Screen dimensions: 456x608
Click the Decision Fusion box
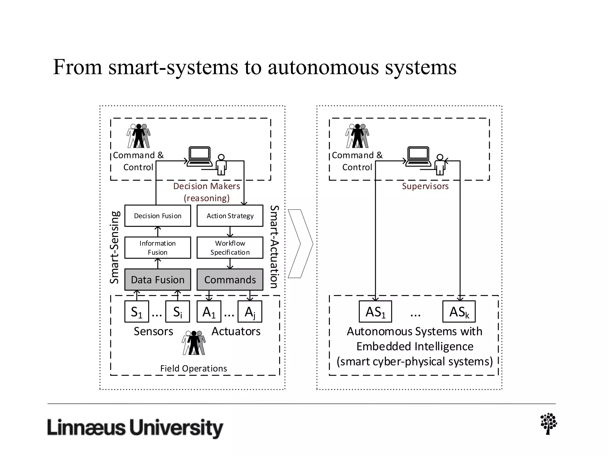[x=158, y=216]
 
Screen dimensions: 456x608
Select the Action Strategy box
[x=230, y=216]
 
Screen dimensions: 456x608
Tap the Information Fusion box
[x=158, y=248]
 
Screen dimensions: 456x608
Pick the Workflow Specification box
[x=230, y=248]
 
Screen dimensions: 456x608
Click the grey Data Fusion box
[x=158, y=280]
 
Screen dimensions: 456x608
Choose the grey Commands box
[x=230, y=280]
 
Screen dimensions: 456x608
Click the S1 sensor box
[x=137, y=312]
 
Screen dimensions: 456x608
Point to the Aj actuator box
[x=250, y=312]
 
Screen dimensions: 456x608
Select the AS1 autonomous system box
[x=375, y=312]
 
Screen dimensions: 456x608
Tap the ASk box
[x=459, y=312]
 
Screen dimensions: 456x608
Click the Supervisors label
[x=425, y=186]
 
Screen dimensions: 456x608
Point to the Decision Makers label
[x=207, y=186]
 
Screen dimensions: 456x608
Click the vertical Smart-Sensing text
[x=115, y=247]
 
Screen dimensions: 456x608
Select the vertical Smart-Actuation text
[x=274, y=247]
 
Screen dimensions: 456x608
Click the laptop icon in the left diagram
[x=199, y=156]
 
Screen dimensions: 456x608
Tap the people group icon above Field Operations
[x=194, y=343]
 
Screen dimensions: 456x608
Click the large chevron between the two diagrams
[x=300, y=244]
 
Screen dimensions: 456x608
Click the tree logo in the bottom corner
[x=549, y=424]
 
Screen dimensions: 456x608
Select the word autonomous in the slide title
[x=324, y=67]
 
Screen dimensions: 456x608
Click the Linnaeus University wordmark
[x=135, y=428]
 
